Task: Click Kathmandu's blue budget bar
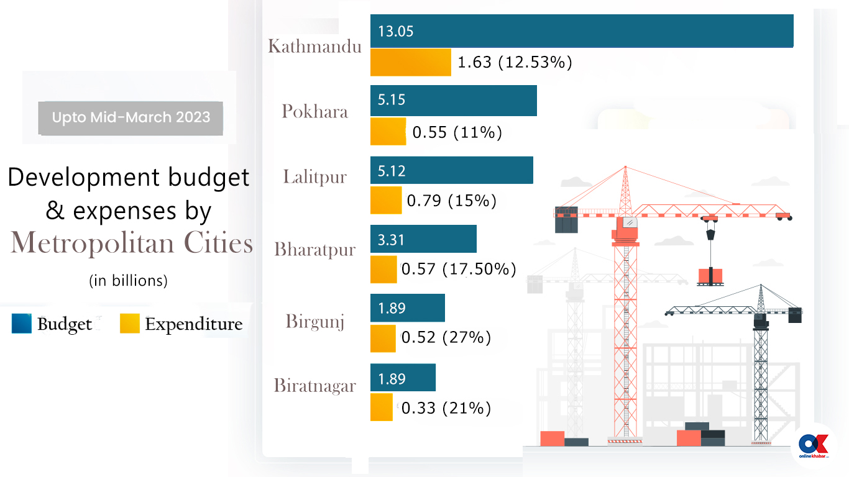click(581, 31)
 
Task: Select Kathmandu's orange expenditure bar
click(410, 62)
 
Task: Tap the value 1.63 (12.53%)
click(515, 62)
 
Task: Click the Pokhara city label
click(314, 111)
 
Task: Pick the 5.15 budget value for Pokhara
click(392, 100)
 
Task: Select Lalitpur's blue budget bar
click(451, 170)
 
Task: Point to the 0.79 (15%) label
click(451, 201)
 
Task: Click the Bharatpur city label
click(314, 250)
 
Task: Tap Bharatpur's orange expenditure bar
click(383, 269)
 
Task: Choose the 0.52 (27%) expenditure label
click(446, 337)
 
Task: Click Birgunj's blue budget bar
click(407, 308)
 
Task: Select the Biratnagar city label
click(314, 386)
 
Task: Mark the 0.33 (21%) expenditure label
click(446, 408)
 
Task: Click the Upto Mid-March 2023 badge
click(131, 117)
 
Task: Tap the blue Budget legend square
click(21, 324)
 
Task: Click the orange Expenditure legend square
click(130, 324)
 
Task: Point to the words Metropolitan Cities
click(132, 243)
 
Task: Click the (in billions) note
click(128, 281)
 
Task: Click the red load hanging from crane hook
click(709, 275)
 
